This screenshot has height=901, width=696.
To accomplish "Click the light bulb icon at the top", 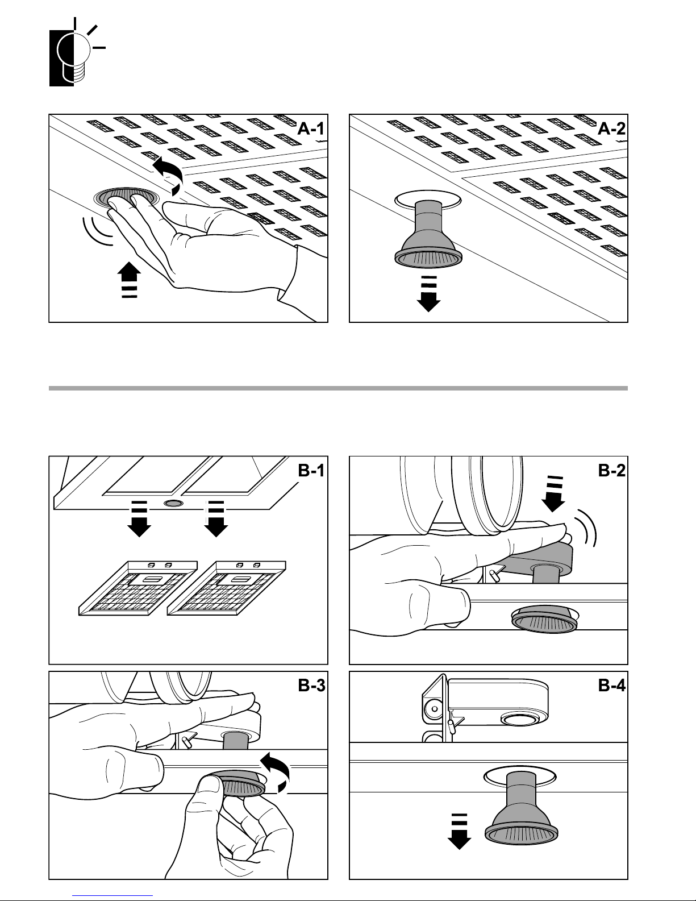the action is [x=77, y=53].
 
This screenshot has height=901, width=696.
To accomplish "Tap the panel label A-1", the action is [x=311, y=129].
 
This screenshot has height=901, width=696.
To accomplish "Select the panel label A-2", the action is [x=611, y=129].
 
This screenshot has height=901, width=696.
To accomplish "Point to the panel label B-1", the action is [x=311, y=471].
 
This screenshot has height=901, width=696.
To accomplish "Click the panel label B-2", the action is [x=611, y=471].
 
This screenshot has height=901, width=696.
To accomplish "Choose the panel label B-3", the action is [x=311, y=686].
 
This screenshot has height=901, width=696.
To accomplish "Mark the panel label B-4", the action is [x=611, y=686].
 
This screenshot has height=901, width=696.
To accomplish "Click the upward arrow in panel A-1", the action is [x=130, y=280].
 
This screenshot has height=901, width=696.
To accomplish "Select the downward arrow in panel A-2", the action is [x=428, y=294].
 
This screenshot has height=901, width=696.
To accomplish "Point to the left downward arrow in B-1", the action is [x=139, y=519].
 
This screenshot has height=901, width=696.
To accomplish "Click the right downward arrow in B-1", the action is [x=216, y=519].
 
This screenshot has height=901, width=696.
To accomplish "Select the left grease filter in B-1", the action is [x=138, y=588].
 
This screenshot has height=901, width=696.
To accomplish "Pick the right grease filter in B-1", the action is [x=227, y=588].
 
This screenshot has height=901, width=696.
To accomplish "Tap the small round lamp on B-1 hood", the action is [x=174, y=503].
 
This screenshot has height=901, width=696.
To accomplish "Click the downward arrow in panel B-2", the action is [x=553, y=494].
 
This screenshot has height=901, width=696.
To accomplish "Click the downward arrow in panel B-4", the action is [x=460, y=832].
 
